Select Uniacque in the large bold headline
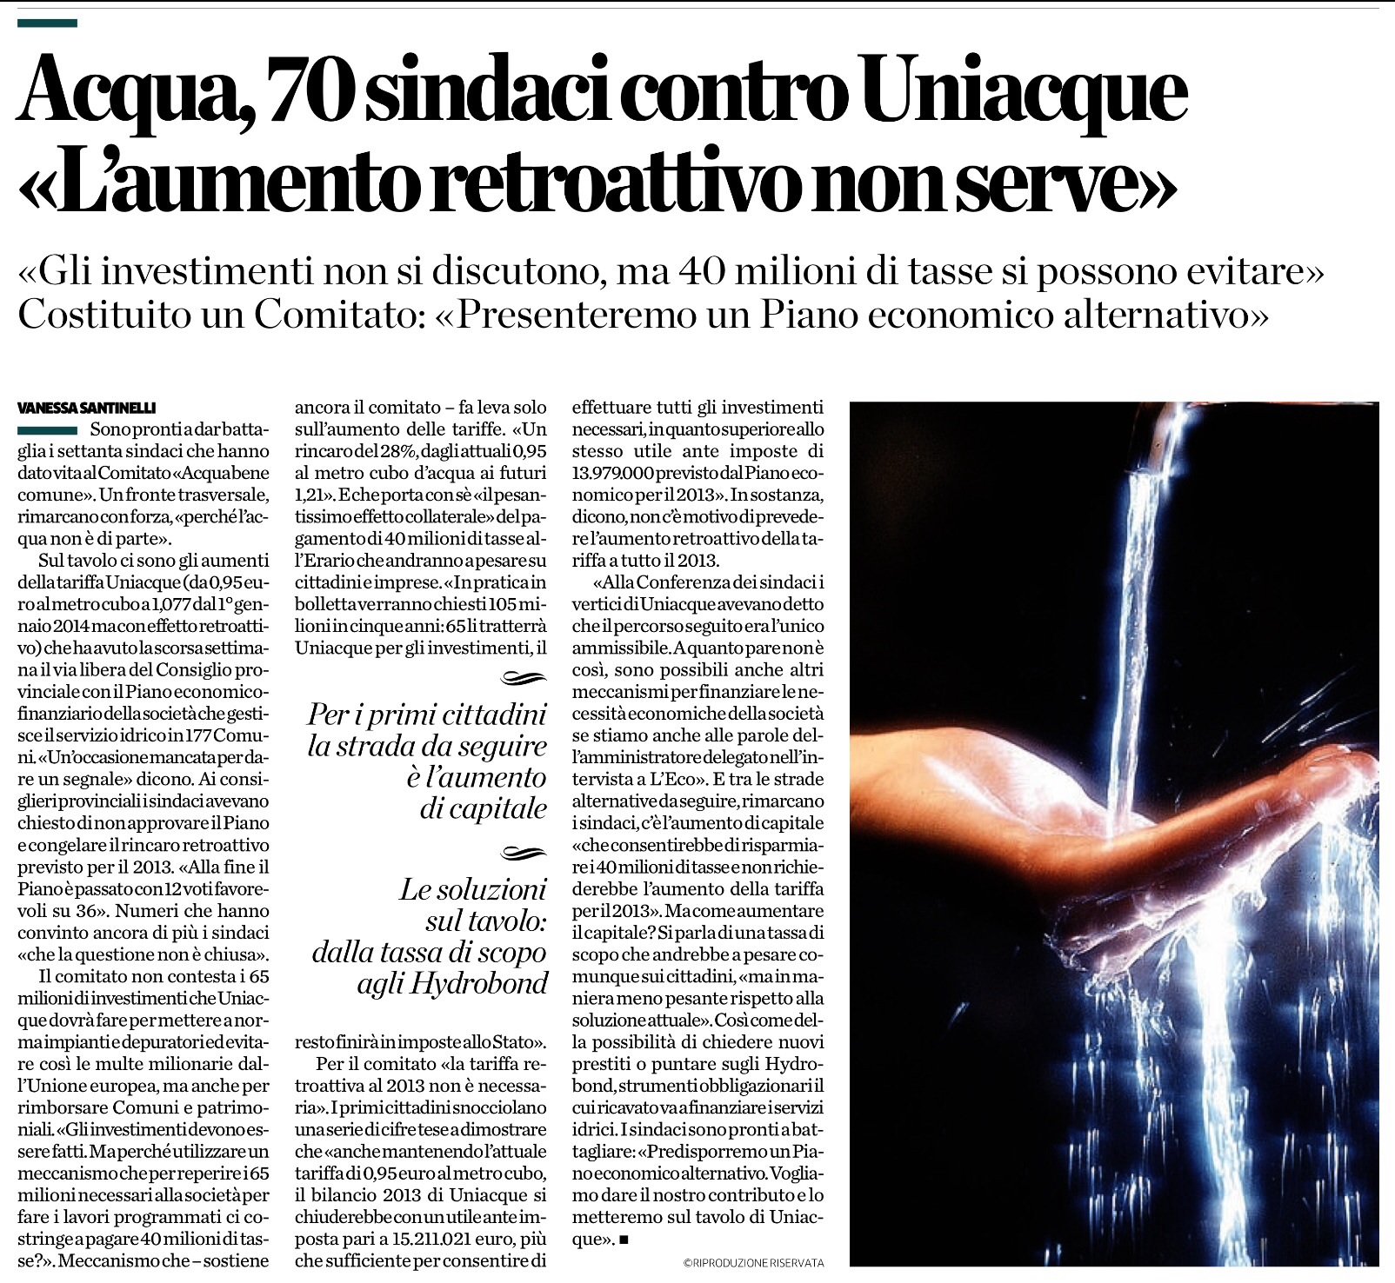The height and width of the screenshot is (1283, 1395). point(1026,95)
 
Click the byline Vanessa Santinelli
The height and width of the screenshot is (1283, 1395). point(86,407)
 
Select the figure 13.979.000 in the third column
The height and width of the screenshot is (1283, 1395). point(616,474)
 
